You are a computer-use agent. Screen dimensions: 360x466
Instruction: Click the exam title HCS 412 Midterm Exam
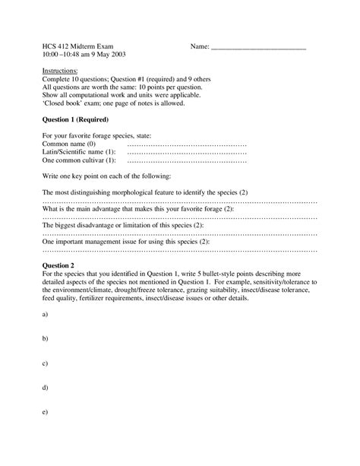coord(78,46)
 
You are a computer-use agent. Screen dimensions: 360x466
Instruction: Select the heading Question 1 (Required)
coord(76,120)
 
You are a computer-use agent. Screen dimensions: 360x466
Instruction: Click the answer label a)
coord(46,313)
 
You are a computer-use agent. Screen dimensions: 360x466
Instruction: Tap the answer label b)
coord(46,338)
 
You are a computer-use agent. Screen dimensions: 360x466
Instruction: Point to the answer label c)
coord(46,363)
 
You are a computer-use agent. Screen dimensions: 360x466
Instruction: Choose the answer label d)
coord(46,388)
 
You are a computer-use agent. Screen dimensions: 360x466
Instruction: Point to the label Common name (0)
coord(69,144)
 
